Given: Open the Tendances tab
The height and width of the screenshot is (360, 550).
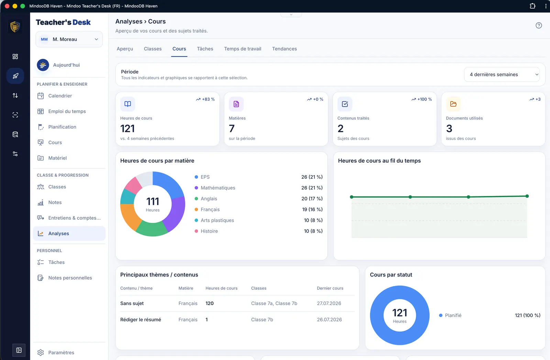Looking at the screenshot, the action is tap(284, 48).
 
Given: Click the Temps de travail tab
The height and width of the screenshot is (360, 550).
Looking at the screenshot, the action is tap(242, 48).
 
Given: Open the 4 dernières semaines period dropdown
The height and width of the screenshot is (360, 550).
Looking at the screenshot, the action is tap(502, 74).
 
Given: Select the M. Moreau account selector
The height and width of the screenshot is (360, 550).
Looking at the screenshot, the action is tap(69, 39).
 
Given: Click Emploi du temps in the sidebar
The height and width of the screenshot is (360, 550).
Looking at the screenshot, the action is tap(67, 111).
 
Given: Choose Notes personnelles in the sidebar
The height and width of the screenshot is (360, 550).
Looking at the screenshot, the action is tap(70, 278).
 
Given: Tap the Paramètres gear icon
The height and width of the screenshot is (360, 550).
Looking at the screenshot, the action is tap(41, 352).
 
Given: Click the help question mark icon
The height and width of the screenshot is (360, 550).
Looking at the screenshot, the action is tap(538, 25).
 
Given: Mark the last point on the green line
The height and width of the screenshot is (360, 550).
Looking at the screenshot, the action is tap(527, 196).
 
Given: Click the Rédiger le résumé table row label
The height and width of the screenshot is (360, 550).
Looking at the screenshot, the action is tap(141, 319).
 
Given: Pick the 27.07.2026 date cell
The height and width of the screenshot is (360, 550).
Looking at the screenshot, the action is tap(329, 303).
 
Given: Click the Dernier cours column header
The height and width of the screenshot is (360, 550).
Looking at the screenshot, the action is tap(330, 288).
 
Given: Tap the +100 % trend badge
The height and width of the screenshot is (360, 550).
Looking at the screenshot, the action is tap(421, 99).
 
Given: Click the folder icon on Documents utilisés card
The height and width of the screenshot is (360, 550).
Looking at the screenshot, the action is tap(453, 104).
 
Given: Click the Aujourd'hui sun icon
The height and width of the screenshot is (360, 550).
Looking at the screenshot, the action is tap(43, 65).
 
